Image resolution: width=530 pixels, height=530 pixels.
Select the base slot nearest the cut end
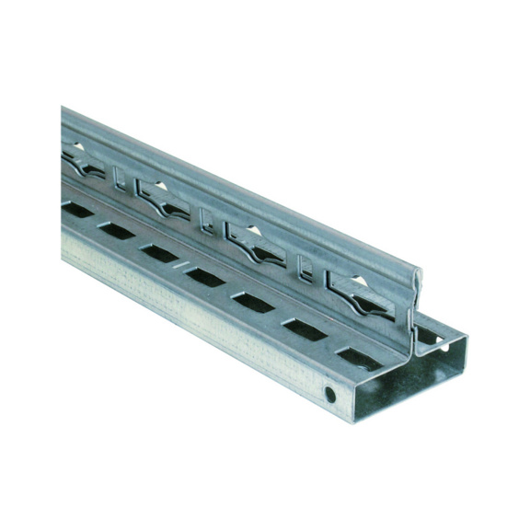click(x=357, y=355)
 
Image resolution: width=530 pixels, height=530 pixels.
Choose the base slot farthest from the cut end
click(x=77, y=211)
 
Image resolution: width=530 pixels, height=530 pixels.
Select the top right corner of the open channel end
click(x=466, y=338)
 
